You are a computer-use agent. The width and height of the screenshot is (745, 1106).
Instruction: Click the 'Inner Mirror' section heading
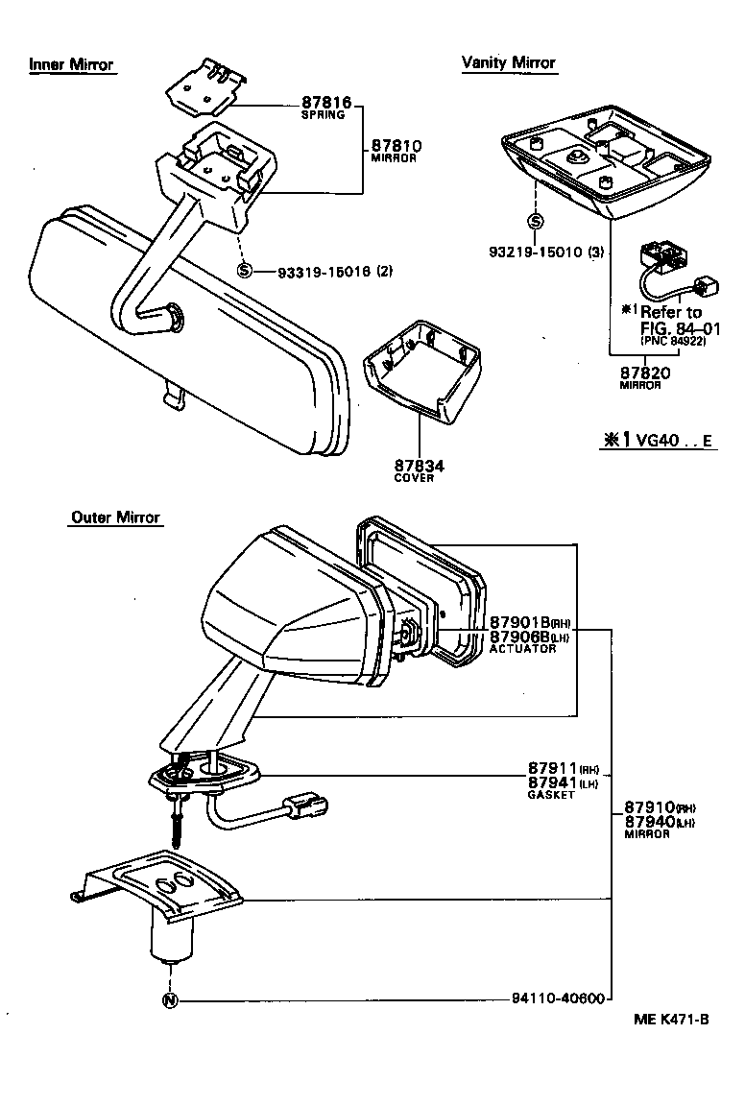[x=71, y=65]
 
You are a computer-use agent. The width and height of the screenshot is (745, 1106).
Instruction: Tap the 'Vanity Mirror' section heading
[x=508, y=62]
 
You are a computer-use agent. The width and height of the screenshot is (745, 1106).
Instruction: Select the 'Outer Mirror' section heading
[x=115, y=517]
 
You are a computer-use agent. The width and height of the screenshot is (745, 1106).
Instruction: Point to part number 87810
[x=396, y=146]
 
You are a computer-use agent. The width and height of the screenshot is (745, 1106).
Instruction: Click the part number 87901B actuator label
[x=523, y=622]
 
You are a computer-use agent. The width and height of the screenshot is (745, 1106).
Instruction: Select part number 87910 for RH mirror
[x=650, y=807]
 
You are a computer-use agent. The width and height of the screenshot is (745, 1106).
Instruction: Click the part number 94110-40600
[x=557, y=998]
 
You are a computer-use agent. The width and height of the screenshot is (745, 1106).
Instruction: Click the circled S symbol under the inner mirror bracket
[x=245, y=271]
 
